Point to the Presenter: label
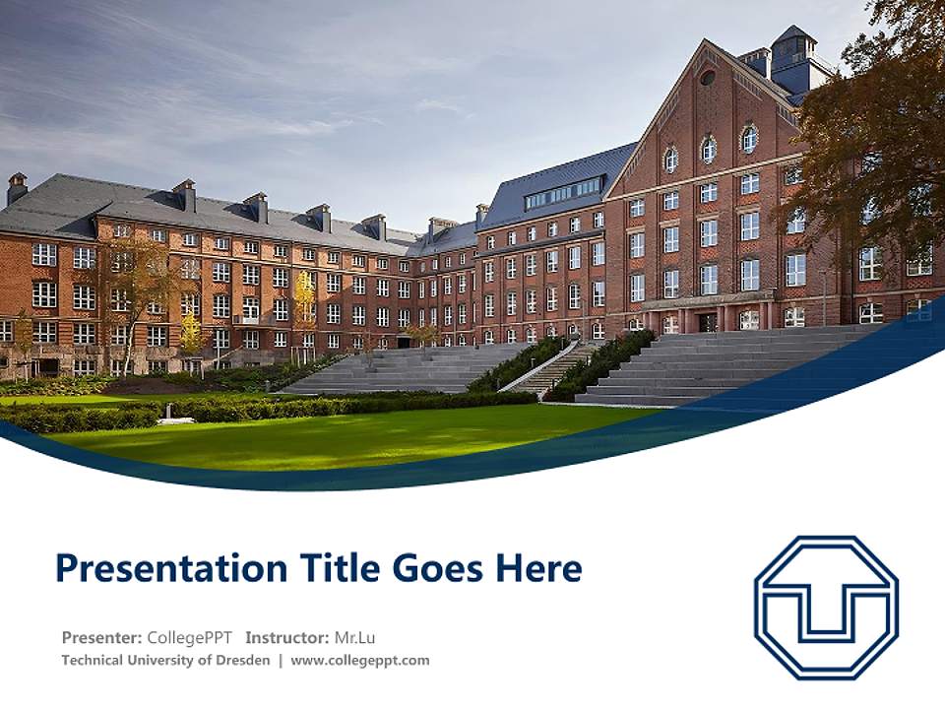click(x=101, y=637)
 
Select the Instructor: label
click(x=287, y=637)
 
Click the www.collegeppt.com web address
click(x=360, y=661)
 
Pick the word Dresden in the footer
click(x=242, y=661)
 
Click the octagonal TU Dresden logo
click(x=826, y=608)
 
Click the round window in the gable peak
click(x=708, y=77)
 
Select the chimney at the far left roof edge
click(x=17, y=187)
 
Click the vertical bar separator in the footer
click(x=281, y=661)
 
